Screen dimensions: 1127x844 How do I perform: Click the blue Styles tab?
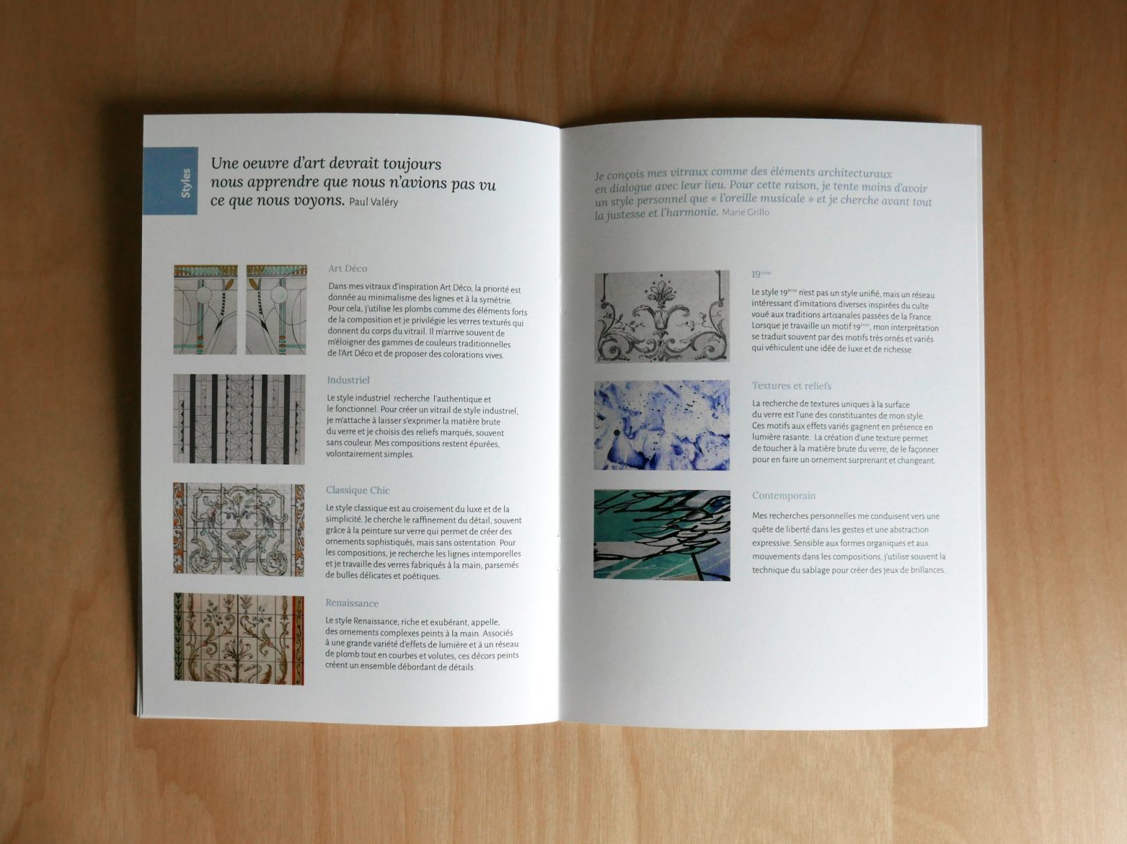[171, 180]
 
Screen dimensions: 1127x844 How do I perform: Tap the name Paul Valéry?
[373, 202]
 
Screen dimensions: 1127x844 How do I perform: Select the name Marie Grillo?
[745, 212]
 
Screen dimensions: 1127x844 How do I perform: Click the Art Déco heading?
[347, 269]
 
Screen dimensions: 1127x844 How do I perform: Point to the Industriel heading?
[348, 380]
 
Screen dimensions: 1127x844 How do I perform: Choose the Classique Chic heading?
[358, 490]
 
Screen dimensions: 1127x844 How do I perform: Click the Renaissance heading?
[352, 603]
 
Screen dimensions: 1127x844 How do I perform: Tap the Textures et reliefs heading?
[791, 385]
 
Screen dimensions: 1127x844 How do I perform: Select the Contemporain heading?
[784, 495]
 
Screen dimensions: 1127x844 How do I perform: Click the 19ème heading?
[761, 274]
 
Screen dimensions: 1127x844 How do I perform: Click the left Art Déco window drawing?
[206, 310]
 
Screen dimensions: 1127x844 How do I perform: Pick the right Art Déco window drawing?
[276, 310]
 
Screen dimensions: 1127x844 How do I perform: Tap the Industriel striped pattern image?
[238, 419]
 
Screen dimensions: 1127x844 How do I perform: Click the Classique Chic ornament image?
[238, 529]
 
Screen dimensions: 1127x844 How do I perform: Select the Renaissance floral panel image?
[238, 639]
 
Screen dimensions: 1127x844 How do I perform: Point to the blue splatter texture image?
[662, 425]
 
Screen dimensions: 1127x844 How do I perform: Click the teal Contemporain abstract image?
[662, 535]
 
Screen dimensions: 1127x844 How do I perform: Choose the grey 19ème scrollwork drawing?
[662, 317]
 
